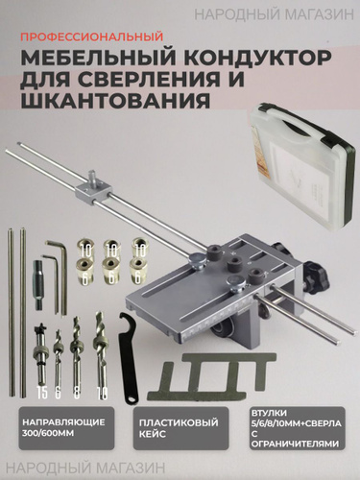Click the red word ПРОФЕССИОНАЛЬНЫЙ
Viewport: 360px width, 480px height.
pyautogui.click(x=92, y=36)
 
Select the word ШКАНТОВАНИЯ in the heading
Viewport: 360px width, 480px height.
pyautogui.click(x=115, y=100)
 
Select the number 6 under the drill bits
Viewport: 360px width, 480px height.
pyautogui.click(x=58, y=394)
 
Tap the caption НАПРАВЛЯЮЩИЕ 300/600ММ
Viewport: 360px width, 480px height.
pyautogui.click(x=63, y=427)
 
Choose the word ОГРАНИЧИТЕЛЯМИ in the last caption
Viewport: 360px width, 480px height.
pyautogui.click(x=295, y=444)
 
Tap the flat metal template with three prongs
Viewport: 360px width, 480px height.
pyautogui.click(x=211, y=376)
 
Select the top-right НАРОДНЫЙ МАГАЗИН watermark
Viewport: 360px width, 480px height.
pyautogui.click(x=275, y=14)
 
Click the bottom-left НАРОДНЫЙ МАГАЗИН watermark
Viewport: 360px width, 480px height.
pyautogui.click(x=85, y=468)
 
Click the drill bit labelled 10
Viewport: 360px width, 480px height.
pyautogui.click(x=100, y=353)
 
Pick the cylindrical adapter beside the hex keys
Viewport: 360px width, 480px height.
pyautogui.click(x=39, y=285)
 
